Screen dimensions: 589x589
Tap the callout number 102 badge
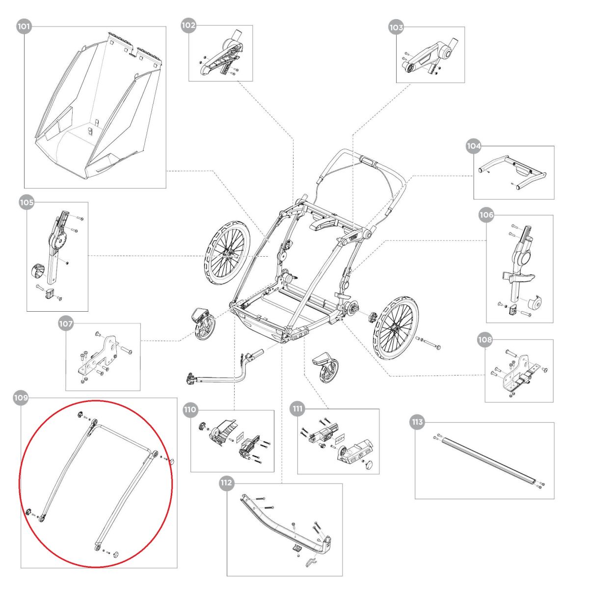click(188, 25)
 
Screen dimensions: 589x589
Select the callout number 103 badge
click(396, 27)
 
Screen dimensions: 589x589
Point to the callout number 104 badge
click(473, 146)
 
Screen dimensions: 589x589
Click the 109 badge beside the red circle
click(21, 399)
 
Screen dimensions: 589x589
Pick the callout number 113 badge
click(417, 422)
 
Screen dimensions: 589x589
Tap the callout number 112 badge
click(226, 483)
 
